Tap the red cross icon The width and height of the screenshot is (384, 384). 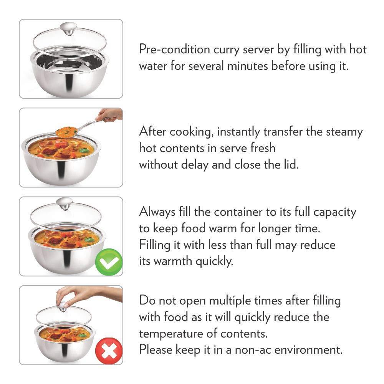click(109, 351)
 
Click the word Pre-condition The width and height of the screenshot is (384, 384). click(175, 50)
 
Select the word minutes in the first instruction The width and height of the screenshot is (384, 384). click(247, 66)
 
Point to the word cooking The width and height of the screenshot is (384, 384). click(190, 132)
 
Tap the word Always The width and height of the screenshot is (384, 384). click(157, 212)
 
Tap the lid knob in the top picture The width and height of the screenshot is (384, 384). click(68, 29)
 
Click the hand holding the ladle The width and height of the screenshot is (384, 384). click(109, 114)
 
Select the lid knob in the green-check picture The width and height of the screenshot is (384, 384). click(65, 204)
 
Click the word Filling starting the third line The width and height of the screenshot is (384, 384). click(154, 245)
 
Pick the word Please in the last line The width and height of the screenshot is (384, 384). click(156, 350)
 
